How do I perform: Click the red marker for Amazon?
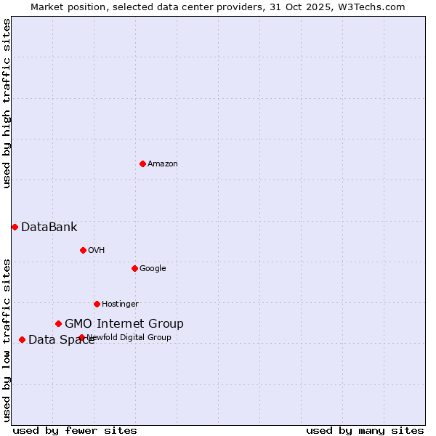[142, 163]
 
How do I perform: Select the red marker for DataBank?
[15, 227]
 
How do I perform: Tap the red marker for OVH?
[83, 250]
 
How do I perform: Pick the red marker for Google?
[134, 268]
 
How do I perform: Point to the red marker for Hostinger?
[97, 304]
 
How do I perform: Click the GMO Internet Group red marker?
[58, 323]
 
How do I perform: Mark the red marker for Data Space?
[22, 339]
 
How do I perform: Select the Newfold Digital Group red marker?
[81, 337]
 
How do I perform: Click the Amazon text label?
[163, 164]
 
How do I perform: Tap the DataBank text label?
[49, 227]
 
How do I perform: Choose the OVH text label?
[97, 251]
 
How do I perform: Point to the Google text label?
[153, 269]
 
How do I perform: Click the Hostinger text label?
[120, 304]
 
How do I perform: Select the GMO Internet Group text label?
[124, 324]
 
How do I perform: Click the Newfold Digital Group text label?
[129, 337]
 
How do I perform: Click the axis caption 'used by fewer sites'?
[75, 430]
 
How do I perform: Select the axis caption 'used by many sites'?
[365, 430]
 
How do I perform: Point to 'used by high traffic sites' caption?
[7, 103]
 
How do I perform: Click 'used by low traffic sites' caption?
[7, 339]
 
